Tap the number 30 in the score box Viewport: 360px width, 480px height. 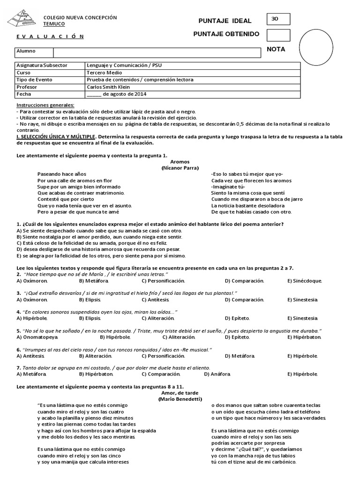(x=275, y=19)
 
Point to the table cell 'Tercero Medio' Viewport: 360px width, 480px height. (x=104, y=73)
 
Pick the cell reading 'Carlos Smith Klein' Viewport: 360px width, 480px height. (x=109, y=87)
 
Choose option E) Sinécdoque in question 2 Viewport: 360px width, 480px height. (x=304, y=280)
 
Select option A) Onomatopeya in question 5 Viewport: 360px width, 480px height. (x=37, y=337)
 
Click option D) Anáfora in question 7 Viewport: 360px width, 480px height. (x=217, y=374)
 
